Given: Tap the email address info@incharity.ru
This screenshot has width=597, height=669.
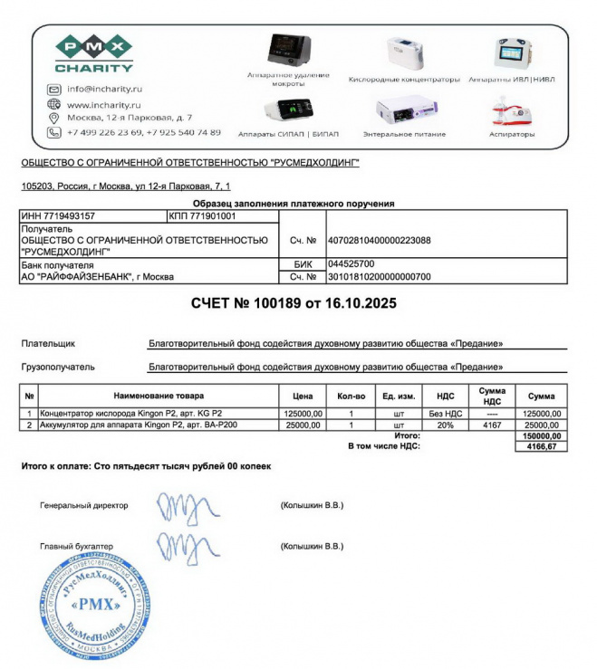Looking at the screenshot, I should tap(104, 89).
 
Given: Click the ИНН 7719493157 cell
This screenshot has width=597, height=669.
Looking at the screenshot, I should tap(58, 216).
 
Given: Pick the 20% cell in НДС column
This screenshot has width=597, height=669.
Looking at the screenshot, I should tap(445, 425).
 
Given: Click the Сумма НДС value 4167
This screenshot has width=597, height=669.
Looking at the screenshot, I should tap(493, 425).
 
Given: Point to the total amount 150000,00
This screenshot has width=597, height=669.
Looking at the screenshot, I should tap(543, 436).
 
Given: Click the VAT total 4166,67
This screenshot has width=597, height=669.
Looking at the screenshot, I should tap(543, 446).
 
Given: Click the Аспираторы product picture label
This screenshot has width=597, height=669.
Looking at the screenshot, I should tap(512, 134).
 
